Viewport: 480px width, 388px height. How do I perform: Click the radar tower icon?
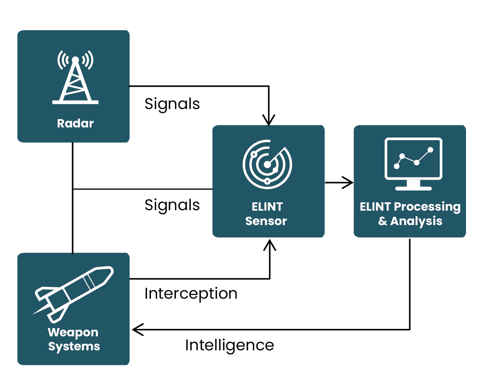pyautogui.click(x=75, y=81)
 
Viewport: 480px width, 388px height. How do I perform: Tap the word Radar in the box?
pyautogui.click(x=75, y=123)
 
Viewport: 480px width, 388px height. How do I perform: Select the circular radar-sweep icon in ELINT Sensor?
pyautogui.click(x=267, y=165)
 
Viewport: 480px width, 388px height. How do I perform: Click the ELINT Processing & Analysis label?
pyautogui.click(x=410, y=214)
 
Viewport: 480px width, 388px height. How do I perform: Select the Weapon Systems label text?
pyautogui.click(x=74, y=339)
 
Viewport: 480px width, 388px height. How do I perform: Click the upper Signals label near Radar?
pyautogui.click(x=172, y=104)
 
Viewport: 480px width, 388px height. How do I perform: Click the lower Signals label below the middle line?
pyautogui.click(x=172, y=205)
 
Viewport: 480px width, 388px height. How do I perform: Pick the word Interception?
pyautogui.click(x=191, y=293)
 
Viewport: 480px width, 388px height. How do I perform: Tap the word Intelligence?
pyautogui.click(x=229, y=345)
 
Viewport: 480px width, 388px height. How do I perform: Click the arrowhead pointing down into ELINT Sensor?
pyautogui.click(x=269, y=120)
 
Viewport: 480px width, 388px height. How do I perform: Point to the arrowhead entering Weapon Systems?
pyautogui.click(x=137, y=329)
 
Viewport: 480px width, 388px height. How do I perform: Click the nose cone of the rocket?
pyautogui.click(x=106, y=273)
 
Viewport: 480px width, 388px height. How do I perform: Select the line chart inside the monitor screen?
pyautogui.click(x=413, y=158)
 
